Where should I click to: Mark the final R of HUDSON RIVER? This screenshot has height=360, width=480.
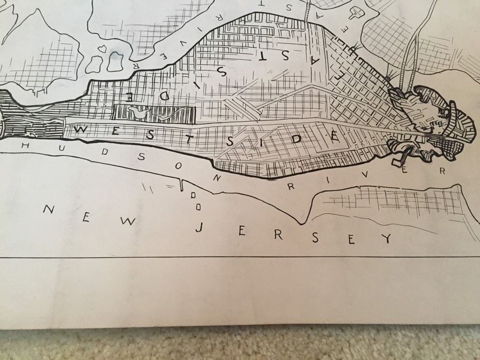[442, 171]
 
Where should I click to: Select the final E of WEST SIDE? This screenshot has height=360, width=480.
[334, 136]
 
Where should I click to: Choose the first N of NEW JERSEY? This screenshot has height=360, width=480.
[48, 209]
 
